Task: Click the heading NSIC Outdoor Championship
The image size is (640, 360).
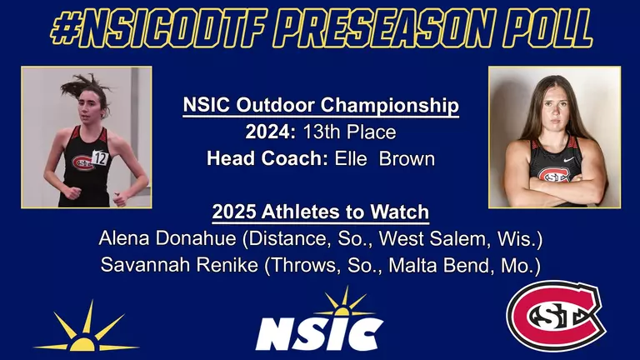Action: tap(321, 107)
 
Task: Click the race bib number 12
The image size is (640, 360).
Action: tap(101, 157)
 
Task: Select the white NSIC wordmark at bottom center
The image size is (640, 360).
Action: tap(319, 333)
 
